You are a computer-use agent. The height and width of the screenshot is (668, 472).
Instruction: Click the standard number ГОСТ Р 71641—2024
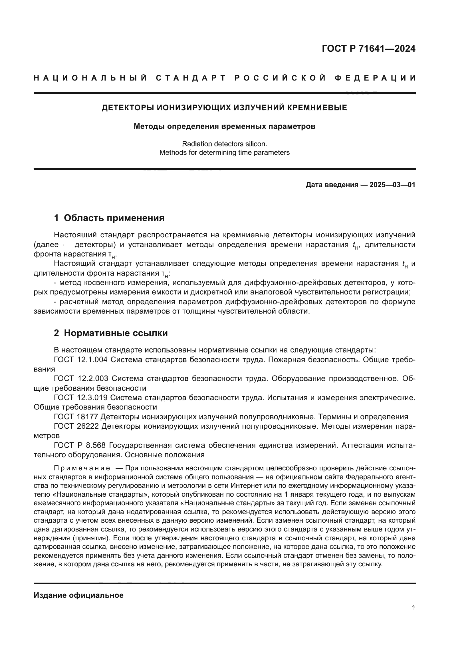(368, 49)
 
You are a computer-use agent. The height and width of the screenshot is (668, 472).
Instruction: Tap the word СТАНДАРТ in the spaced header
(191, 78)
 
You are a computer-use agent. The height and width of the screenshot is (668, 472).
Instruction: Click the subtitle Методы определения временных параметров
(224, 127)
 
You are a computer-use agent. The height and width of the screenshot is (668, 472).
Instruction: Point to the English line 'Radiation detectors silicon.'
(224, 144)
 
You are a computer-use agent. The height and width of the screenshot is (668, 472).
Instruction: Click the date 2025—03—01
(392, 185)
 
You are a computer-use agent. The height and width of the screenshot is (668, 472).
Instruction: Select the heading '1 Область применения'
(109, 218)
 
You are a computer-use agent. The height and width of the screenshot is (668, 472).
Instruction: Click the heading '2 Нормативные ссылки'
(111, 333)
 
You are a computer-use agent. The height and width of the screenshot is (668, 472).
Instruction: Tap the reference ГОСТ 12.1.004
(80, 360)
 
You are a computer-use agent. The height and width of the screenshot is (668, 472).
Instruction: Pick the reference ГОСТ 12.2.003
(81, 378)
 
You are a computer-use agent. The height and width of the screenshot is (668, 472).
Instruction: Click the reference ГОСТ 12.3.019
(80, 398)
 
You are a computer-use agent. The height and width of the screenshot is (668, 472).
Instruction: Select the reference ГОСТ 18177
(76, 417)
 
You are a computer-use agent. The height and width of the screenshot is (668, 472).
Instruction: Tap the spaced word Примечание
(82, 468)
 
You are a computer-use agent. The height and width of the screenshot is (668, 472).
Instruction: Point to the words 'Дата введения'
(332, 185)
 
